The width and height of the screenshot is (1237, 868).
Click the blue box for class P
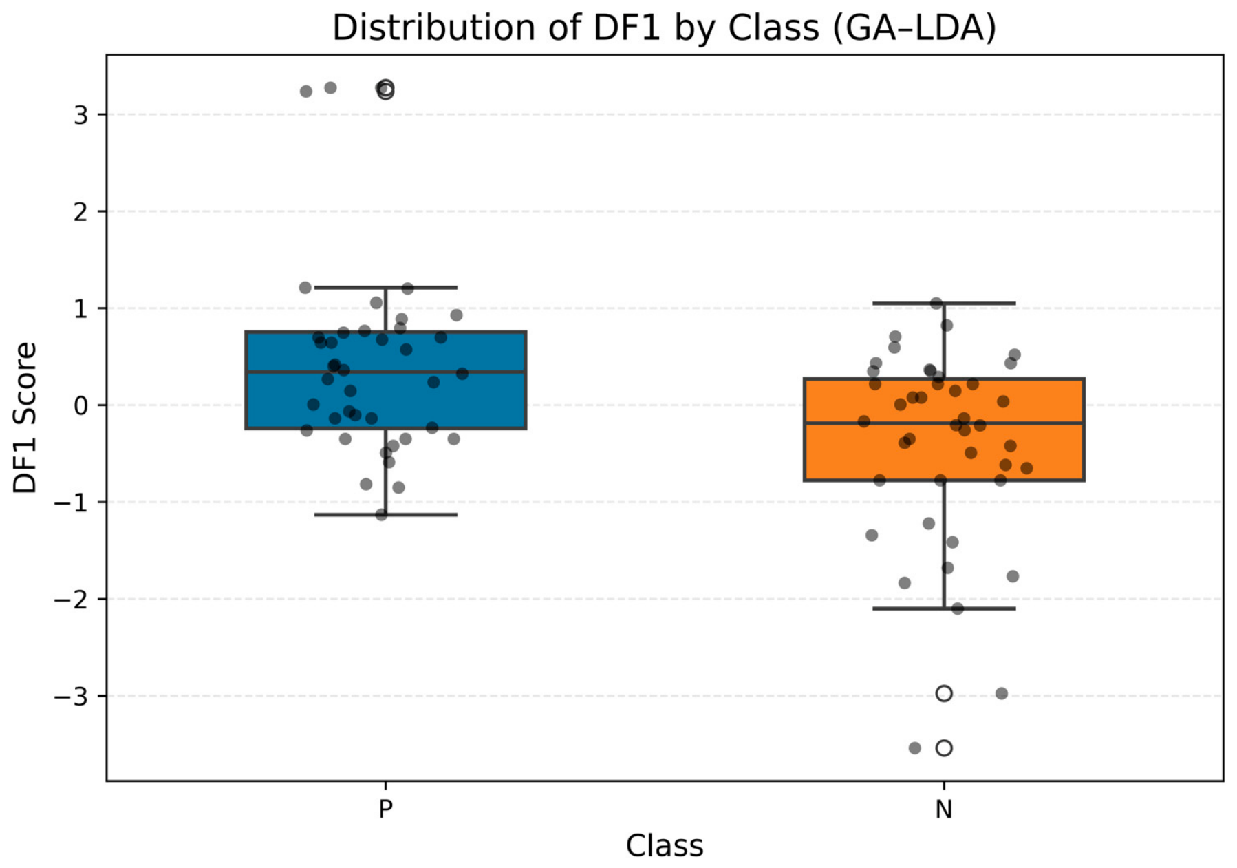pos(386,380)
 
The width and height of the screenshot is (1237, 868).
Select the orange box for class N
pos(944,429)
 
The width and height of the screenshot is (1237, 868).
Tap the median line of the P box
pos(386,372)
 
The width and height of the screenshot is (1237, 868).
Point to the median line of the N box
pos(944,423)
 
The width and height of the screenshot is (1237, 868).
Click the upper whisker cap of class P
pos(386,287)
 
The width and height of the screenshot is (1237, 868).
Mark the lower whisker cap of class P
pos(386,514)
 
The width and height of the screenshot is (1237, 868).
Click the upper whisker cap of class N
pos(944,303)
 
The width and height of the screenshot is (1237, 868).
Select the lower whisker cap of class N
pos(944,608)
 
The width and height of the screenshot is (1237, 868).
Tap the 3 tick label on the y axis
pos(81,115)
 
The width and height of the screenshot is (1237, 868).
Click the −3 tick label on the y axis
pos(72,697)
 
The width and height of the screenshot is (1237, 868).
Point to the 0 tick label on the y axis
pos(81,405)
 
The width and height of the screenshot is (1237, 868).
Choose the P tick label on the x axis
pos(385,809)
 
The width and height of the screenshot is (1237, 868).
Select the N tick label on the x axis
pos(944,809)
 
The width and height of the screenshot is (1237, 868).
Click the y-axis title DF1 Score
pos(25,418)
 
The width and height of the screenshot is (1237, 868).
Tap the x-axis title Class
pos(665,845)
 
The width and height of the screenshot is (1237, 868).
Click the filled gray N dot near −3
pos(1002,693)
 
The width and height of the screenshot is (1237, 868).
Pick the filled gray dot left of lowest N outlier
pos(915,748)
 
